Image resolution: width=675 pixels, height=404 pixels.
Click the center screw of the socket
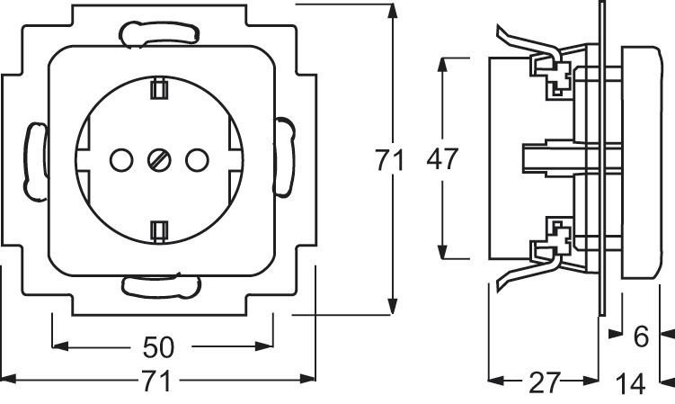[159, 160]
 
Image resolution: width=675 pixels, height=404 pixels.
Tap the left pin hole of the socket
[121, 160]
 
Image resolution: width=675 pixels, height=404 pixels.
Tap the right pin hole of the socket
[197, 160]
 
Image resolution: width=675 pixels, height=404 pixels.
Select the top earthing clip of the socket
[159, 88]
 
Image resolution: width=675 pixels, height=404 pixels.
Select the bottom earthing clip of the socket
[159, 232]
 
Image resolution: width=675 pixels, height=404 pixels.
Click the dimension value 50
[158, 347]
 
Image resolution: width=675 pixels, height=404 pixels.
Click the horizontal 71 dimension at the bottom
[156, 381]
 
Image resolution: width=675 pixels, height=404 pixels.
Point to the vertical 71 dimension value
[389, 160]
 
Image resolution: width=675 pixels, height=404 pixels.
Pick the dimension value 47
[442, 158]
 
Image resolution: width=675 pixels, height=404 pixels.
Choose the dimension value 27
[545, 382]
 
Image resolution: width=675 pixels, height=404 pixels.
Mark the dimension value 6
[641, 337]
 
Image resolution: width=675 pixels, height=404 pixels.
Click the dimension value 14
[631, 383]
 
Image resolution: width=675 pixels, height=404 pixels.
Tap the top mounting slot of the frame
[160, 33]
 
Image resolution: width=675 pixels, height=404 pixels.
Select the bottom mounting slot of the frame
[162, 286]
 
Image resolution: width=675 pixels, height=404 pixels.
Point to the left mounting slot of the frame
[35, 162]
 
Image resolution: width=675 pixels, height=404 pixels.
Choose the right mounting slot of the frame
[284, 157]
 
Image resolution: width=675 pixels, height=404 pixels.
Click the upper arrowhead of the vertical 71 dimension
[392, 11]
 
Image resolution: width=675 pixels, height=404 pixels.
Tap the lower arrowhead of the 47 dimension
[442, 252]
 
